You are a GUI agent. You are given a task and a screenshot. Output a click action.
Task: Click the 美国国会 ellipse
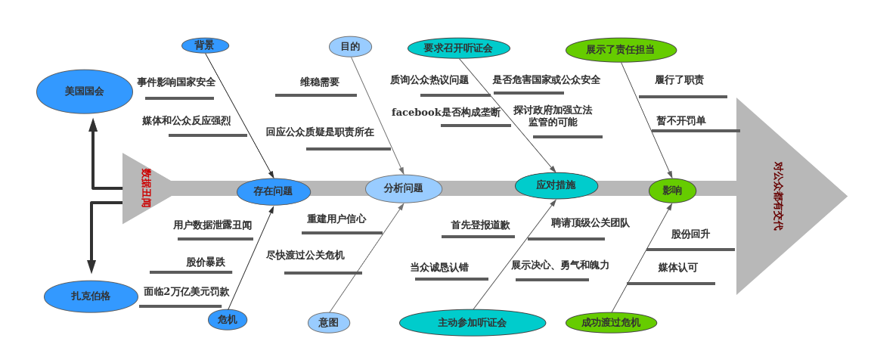(x=84, y=92)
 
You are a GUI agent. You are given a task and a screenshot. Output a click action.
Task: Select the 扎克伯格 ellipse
(x=91, y=296)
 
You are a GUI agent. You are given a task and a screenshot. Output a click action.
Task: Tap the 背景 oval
(x=205, y=45)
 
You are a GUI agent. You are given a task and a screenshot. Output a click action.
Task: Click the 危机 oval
(x=228, y=320)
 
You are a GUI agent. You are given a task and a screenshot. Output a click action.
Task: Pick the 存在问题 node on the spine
(x=273, y=191)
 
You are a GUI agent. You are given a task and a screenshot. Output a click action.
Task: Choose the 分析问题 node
(x=403, y=188)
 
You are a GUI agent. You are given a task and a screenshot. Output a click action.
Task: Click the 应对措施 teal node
(x=556, y=185)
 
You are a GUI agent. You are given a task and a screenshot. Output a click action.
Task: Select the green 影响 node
(x=672, y=191)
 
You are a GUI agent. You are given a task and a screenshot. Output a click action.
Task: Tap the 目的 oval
(x=350, y=47)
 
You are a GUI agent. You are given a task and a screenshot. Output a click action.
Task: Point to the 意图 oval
(x=329, y=323)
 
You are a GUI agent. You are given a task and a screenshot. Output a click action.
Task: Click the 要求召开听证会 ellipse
(x=458, y=48)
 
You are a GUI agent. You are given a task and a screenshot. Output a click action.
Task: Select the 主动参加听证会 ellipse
(x=472, y=323)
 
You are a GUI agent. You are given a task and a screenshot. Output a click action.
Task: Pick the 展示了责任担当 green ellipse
(x=621, y=50)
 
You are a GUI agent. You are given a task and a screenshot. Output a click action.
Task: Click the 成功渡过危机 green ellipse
(x=611, y=323)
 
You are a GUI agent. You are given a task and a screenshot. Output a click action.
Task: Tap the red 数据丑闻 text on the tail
(x=146, y=188)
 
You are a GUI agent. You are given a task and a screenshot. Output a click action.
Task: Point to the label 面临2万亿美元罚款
(x=186, y=292)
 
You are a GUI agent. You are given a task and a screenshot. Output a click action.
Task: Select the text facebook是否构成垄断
(x=446, y=113)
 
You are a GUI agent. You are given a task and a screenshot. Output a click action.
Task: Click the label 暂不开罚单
(x=680, y=121)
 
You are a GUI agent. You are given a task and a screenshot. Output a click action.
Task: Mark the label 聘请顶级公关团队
(x=590, y=223)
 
